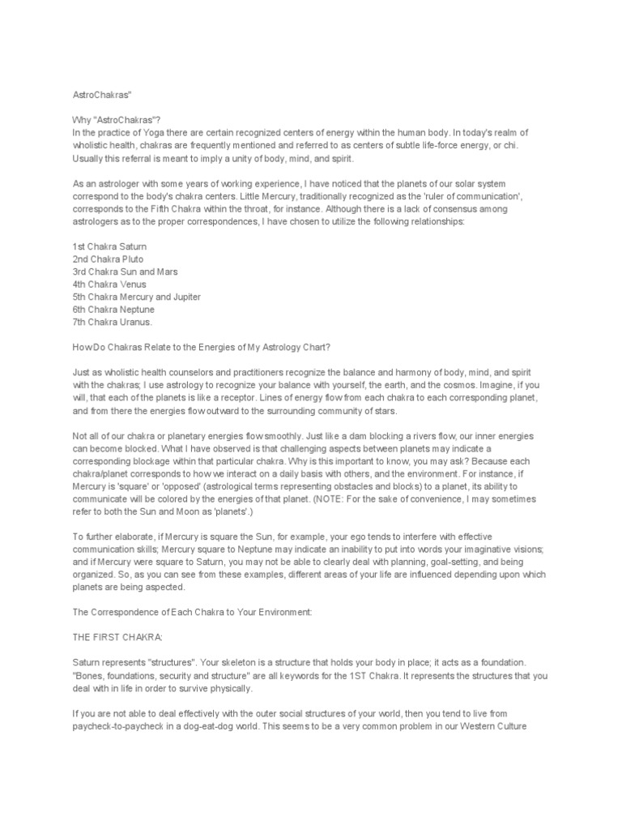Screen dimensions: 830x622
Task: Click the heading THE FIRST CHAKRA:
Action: tap(115, 638)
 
